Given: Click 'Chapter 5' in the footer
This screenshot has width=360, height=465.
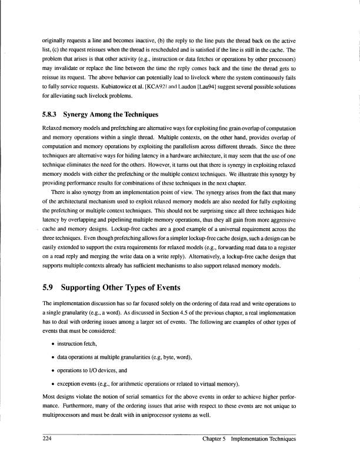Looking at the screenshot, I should (215, 440).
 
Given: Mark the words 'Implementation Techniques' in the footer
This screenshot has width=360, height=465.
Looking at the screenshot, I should (268, 440).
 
